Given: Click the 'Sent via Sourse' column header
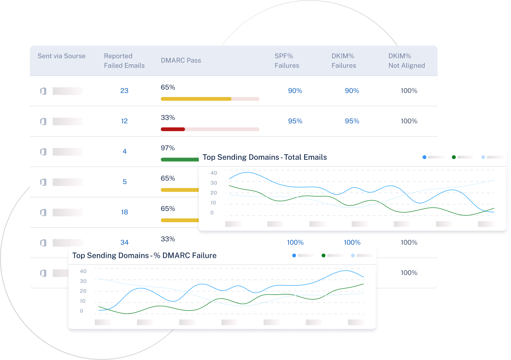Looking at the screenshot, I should point(61,56).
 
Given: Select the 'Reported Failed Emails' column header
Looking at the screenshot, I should point(124,61).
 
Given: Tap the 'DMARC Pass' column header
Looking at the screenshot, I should point(181,60).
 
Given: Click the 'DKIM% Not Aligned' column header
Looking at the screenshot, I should point(407,61).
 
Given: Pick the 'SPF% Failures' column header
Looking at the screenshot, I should point(287,61).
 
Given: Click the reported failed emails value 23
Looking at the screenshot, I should point(124,91).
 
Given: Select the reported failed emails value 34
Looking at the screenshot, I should point(124,242).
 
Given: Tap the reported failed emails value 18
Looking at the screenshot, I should point(124,212).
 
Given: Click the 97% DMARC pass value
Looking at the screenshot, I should point(168,148).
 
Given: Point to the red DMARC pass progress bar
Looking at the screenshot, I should point(173,129).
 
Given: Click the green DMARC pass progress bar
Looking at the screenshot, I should point(179,159).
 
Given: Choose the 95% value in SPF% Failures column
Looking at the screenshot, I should point(295,121).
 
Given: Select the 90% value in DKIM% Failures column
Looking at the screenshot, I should point(352,91).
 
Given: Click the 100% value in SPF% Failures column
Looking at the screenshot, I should point(295,242).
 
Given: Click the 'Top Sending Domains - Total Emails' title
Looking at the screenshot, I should point(265,157).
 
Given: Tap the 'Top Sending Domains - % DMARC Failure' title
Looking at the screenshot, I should point(144,256).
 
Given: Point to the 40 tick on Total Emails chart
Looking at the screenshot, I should point(213,173).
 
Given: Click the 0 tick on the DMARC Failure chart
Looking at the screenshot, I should point(82,311).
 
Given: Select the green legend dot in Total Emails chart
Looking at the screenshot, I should point(454,157).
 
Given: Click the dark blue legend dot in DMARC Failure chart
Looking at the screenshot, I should point(294,255).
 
